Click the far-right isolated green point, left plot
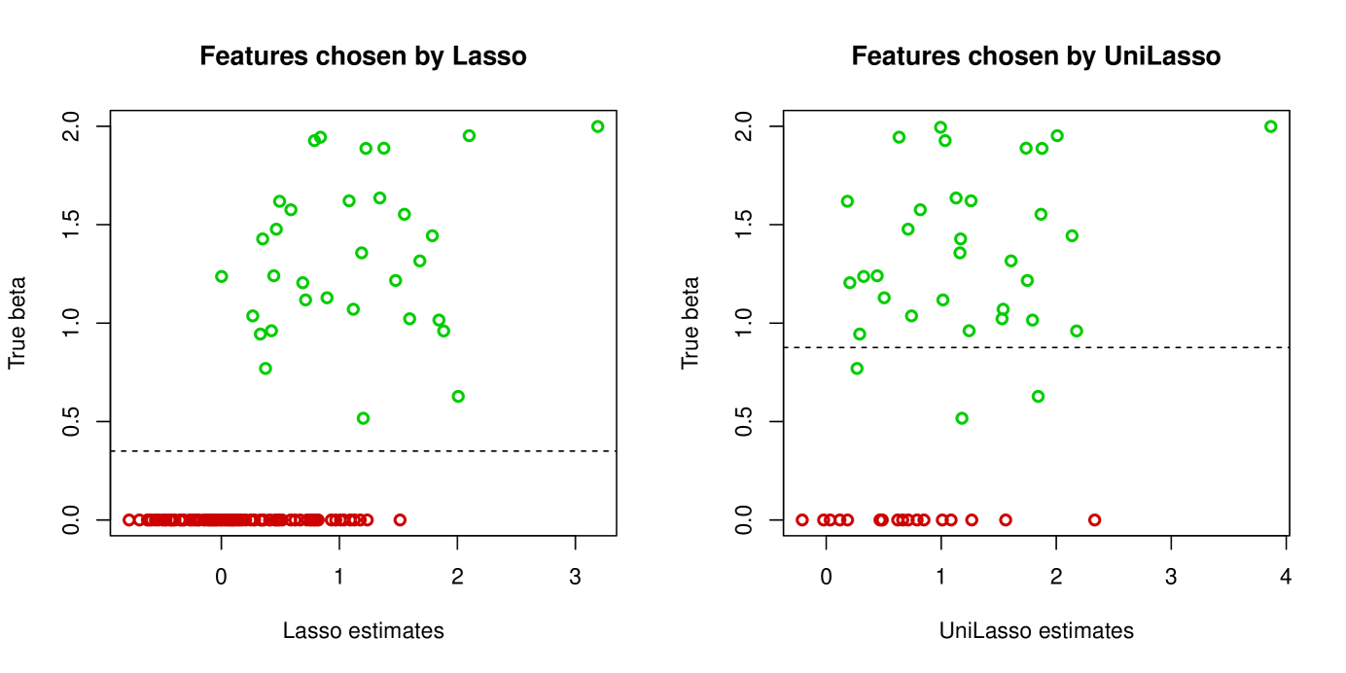597,126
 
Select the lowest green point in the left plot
363,418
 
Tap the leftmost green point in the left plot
222,276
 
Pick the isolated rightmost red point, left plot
400,520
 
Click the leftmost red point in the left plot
129,520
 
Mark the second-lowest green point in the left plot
458,396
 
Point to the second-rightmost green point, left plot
469,136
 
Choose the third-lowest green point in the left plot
266,369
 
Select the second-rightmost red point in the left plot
367,520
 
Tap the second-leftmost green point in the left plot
253,316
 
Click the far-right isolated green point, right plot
1270,126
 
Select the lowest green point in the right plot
962,418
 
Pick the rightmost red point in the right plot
1094,520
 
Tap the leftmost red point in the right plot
801,520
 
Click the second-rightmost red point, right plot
1006,520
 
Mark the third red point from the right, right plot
972,520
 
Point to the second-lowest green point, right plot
1038,396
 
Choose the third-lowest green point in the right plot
857,369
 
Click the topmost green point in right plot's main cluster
940,127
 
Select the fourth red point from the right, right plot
951,520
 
